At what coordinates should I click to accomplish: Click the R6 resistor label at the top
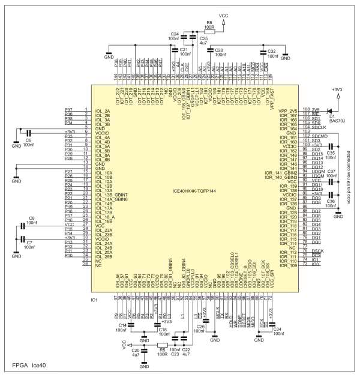click(209, 23)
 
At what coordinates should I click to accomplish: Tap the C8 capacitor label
click(32, 219)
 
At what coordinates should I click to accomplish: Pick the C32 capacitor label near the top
click(271, 51)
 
